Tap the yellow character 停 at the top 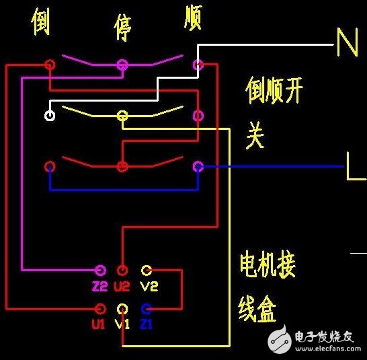[x=122, y=28]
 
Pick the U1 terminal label [x=99, y=324]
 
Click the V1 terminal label [x=122, y=324]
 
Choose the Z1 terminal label [x=147, y=324]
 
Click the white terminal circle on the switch [x=50, y=115]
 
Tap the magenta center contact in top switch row [x=122, y=65]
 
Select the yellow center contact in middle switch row [x=122, y=116]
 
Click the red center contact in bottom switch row [x=122, y=166]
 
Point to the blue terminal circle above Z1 [x=147, y=309]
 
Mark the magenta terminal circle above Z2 [x=100, y=271]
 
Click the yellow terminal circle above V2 [x=147, y=271]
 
